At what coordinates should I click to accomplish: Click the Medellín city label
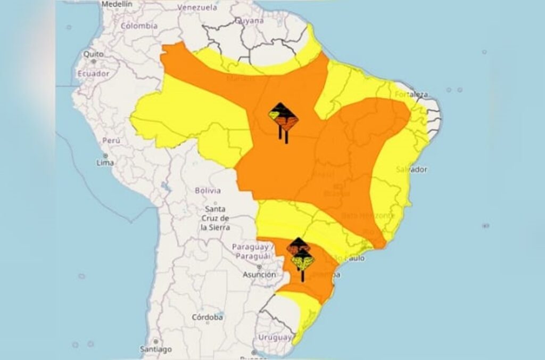pyautogui.click(x=117, y=4)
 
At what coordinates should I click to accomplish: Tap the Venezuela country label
pyautogui.click(x=197, y=7)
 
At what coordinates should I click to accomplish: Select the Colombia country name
pyautogui.click(x=139, y=26)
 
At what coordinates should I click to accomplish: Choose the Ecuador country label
pyautogui.click(x=93, y=73)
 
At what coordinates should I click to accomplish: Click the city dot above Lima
pyautogui.click(x=105, y=155)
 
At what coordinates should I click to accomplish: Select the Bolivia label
pyautogui.click(x=208, y=190)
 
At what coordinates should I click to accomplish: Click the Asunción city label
pyautogui.click(x=259, y=275)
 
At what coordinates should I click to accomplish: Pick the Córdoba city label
pyautogui.click(x=207, y=317)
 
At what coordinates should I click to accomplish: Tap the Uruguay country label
pyautogui.click(x=275, y=338)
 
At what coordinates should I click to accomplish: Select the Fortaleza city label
pyautogui.click(x=411, y=94)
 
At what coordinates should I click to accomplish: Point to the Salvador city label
pyautogui.click(x=411, y=169)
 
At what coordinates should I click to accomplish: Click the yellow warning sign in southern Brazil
pyautogui.click(x=303, y=261)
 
